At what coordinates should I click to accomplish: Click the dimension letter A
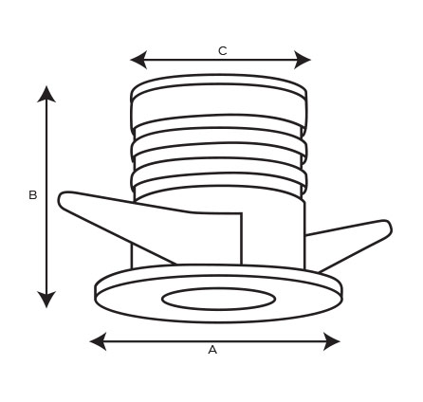point(212,350)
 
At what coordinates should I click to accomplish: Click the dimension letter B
point(33,195)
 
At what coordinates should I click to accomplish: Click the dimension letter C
point(223,51)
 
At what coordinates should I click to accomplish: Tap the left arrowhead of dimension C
point(138,60)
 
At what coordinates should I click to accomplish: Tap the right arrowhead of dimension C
point(303,60)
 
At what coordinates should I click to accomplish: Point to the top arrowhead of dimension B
point(46,94)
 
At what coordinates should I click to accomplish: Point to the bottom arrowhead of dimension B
point(46,300)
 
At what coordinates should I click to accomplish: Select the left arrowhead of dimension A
point(98,341)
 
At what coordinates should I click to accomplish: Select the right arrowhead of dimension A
point(332,341)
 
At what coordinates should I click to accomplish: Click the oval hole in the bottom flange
point(218,299)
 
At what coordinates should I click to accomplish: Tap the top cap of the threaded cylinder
point(218,84)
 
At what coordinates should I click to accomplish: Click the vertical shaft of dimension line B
point(46,197)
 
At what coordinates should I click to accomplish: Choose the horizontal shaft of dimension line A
point(215,341)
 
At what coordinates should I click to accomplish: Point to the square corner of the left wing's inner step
point(242,213)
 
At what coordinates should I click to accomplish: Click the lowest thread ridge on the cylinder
point(218,179)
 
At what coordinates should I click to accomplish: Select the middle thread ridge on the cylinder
point(218,149)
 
